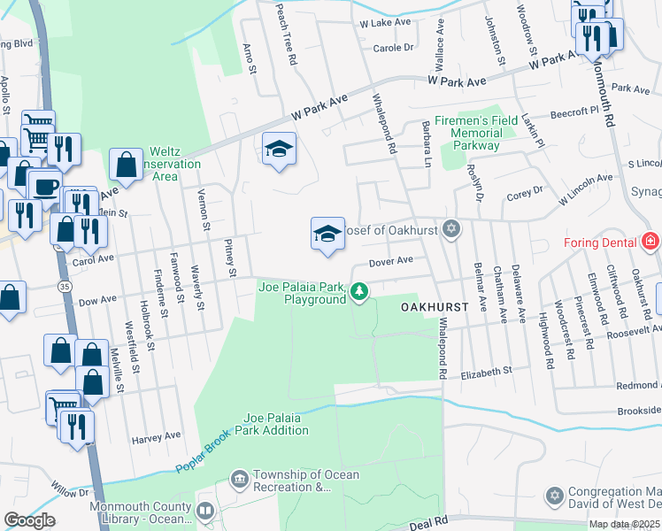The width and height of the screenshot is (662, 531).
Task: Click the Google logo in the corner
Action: coord(29,520)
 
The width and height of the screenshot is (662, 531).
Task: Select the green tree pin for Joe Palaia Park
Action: coord(358,290)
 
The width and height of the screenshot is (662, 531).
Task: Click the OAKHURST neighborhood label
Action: coord(432,307)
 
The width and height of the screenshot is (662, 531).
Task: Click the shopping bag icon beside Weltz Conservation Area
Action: coord(126,164)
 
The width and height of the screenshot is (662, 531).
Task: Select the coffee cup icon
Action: coord(45,186)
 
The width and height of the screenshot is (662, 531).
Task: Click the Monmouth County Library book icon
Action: coord(205,512)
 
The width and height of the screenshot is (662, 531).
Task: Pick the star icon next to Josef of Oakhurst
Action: coord(451,229)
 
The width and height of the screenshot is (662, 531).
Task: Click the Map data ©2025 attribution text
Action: coord(624,524)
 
